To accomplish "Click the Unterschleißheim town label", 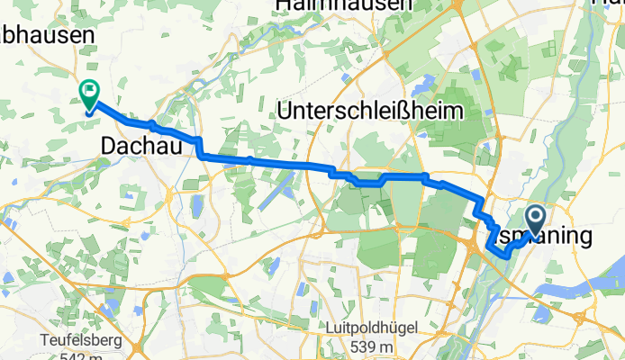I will [370, 111].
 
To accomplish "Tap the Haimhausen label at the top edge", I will [343, 4].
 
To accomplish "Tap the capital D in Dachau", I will [110, 145].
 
